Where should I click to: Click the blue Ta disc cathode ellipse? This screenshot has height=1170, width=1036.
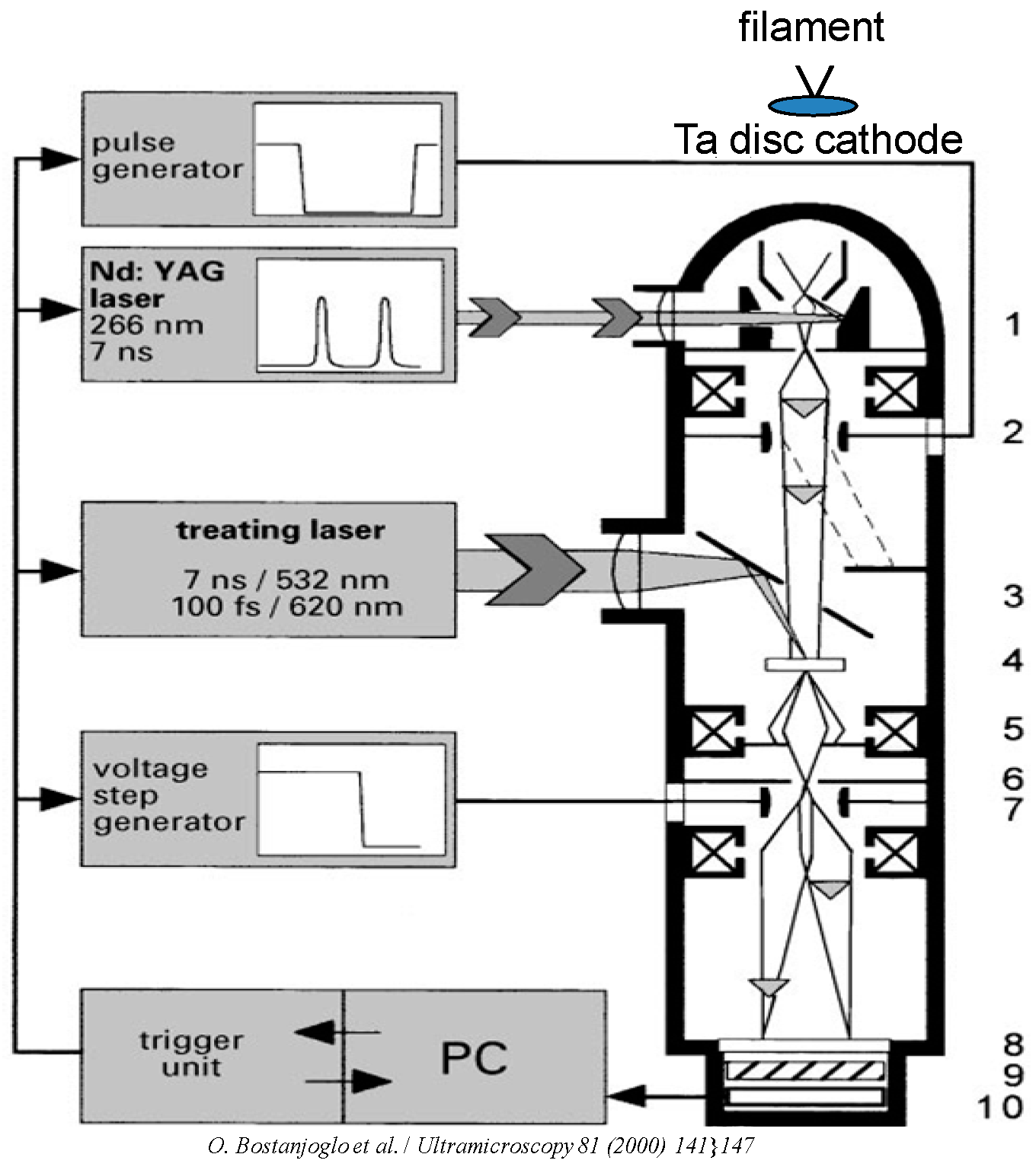point(814,105)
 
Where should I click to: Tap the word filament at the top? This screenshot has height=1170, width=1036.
point(811,27)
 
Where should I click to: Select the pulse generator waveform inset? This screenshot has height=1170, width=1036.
point(347,160)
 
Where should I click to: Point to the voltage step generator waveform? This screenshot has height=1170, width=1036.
point(350,800)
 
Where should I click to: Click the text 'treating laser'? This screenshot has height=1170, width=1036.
point(280,529)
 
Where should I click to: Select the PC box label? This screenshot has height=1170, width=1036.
point(474,1057)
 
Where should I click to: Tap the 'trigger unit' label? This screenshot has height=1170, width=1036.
point(191,1053)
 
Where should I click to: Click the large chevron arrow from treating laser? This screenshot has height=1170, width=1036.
point(533,570)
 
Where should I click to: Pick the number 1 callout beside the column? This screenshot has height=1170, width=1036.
point(1012,324)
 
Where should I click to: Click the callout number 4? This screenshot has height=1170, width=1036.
point(1012,660)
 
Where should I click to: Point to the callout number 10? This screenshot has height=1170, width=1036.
point(999,1107)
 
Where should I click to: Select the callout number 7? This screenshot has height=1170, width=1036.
point(1012,810)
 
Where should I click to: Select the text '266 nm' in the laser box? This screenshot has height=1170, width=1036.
point(146,325)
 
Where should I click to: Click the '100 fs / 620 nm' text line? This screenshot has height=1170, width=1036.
point(286,607)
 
